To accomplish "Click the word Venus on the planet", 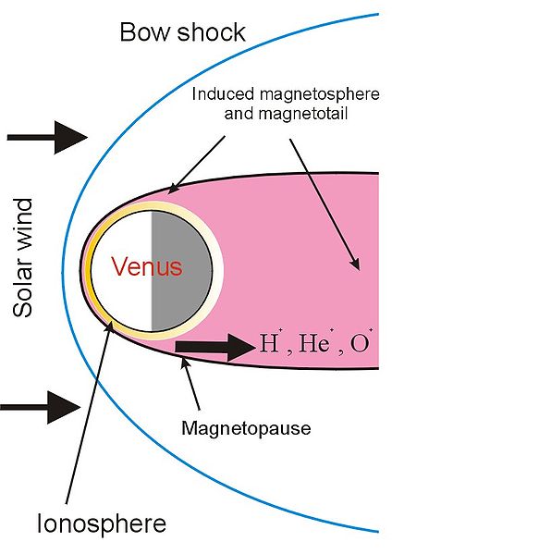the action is tap(147, 266).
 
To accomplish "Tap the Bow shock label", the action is tap(183, 32).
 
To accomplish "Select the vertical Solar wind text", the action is tap(22, 257).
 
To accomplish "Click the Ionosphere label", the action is tap(102, 523).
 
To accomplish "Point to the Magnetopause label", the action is tap(246, 428).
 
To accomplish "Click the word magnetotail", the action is tap(303, 114).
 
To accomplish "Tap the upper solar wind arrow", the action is tap(47, 138).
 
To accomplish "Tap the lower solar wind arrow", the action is tap(41, 407).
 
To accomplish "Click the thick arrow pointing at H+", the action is tap(215, 347).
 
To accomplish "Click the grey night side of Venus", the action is tap(181, 271).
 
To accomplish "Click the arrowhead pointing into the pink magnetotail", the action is tap(355, 265).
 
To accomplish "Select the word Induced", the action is tap(223, 94).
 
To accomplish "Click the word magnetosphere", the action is tap(320, 94).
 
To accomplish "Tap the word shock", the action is tap(211, 32).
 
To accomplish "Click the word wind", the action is tap(22, 225).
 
